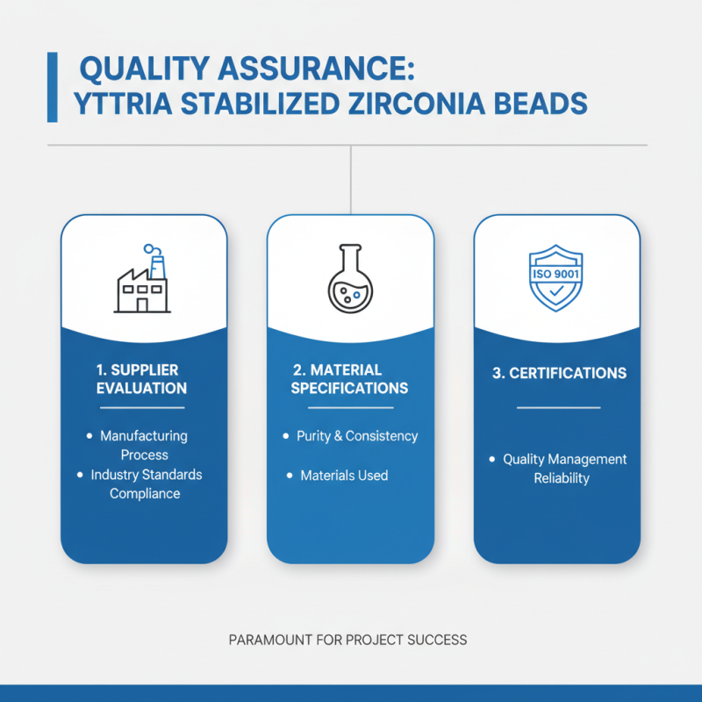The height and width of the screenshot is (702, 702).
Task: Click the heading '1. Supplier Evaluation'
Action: pos(141,378)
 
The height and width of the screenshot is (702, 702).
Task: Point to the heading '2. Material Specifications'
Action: pos(349,378)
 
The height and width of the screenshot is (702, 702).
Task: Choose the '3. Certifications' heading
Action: pos(559,373)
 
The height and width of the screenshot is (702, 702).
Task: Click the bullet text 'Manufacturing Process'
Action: pos(144,445)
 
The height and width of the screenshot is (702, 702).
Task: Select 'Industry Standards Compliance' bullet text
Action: pos(146,484)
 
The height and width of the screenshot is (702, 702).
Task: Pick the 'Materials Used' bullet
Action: pos(344,475)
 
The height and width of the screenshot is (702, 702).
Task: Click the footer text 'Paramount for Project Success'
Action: pos(347,640)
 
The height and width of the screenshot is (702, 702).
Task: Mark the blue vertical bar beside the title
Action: pos(52,86)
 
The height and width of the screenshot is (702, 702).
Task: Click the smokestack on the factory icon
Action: pos(158,264)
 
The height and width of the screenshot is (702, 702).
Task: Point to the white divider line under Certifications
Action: pos(558,407)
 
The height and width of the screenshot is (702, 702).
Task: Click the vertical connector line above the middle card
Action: pos(351,180)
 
